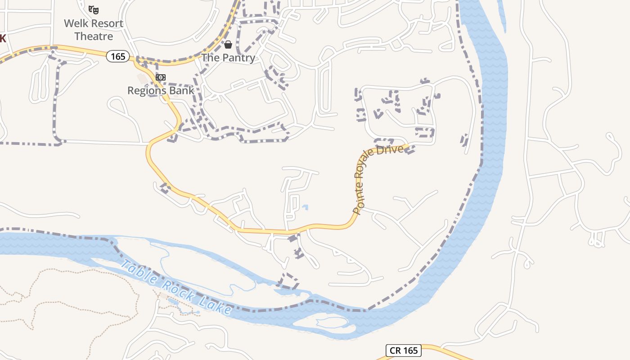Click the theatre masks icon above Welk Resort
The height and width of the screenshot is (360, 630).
click(94, 9)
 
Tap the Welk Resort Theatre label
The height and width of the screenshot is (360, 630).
click(94, 29)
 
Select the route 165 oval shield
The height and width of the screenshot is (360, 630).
click(118, 56)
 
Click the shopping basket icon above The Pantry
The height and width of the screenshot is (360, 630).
click(228, 44)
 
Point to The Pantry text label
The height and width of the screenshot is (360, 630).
click(228, 58)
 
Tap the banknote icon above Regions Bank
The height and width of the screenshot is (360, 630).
click(160, 77)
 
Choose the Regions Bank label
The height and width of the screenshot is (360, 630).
click(161, 90)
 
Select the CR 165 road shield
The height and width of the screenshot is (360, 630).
click(404, 351)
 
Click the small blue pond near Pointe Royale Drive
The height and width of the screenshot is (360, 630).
click(306, 207)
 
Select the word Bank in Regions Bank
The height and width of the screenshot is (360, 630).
click(183, 90)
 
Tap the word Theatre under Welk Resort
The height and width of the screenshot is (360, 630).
click(94, 36)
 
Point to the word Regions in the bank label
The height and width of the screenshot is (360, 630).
click(148, 91)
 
